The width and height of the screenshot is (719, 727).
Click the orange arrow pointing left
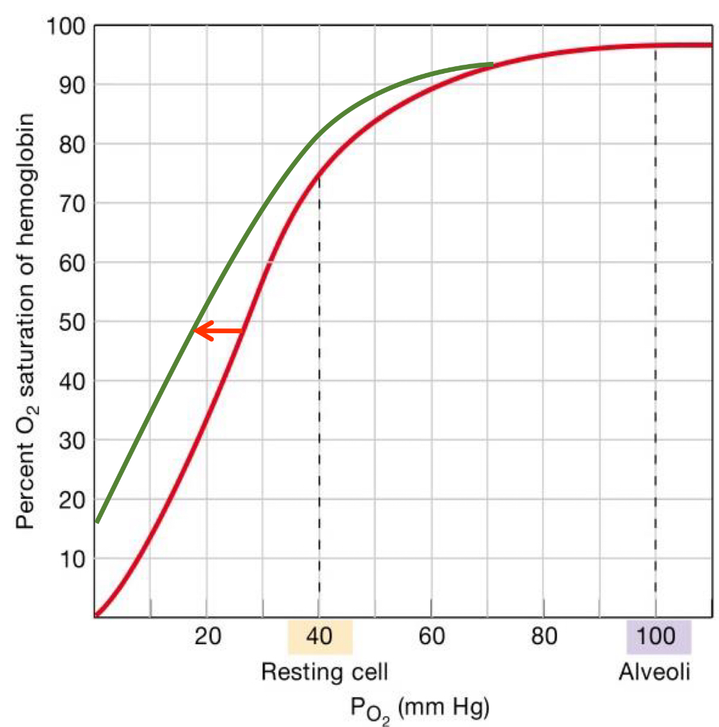tap(218, 331)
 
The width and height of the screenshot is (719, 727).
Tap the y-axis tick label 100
tap(65, 28)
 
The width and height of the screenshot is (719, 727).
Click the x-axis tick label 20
tap(207, 637)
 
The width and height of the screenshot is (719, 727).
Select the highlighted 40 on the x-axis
tap(319, 637)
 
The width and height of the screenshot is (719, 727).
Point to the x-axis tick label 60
tap(432, 637)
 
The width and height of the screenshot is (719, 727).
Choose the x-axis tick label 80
tap(544, 637)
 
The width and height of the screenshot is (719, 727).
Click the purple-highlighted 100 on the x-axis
tap(658, 637)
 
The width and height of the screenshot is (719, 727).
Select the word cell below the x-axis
tap(366, 672)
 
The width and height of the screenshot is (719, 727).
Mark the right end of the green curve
tap(492, 64)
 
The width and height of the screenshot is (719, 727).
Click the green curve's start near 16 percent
tap(97, 521)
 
